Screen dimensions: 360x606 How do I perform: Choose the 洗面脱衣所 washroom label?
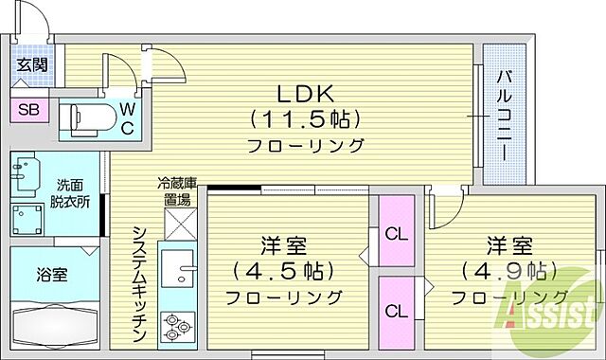(71, 193)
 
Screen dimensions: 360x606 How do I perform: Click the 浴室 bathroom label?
(52, 278)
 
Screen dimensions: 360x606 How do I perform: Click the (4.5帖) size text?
(284, 270)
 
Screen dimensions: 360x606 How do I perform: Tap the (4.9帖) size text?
(505, 270)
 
